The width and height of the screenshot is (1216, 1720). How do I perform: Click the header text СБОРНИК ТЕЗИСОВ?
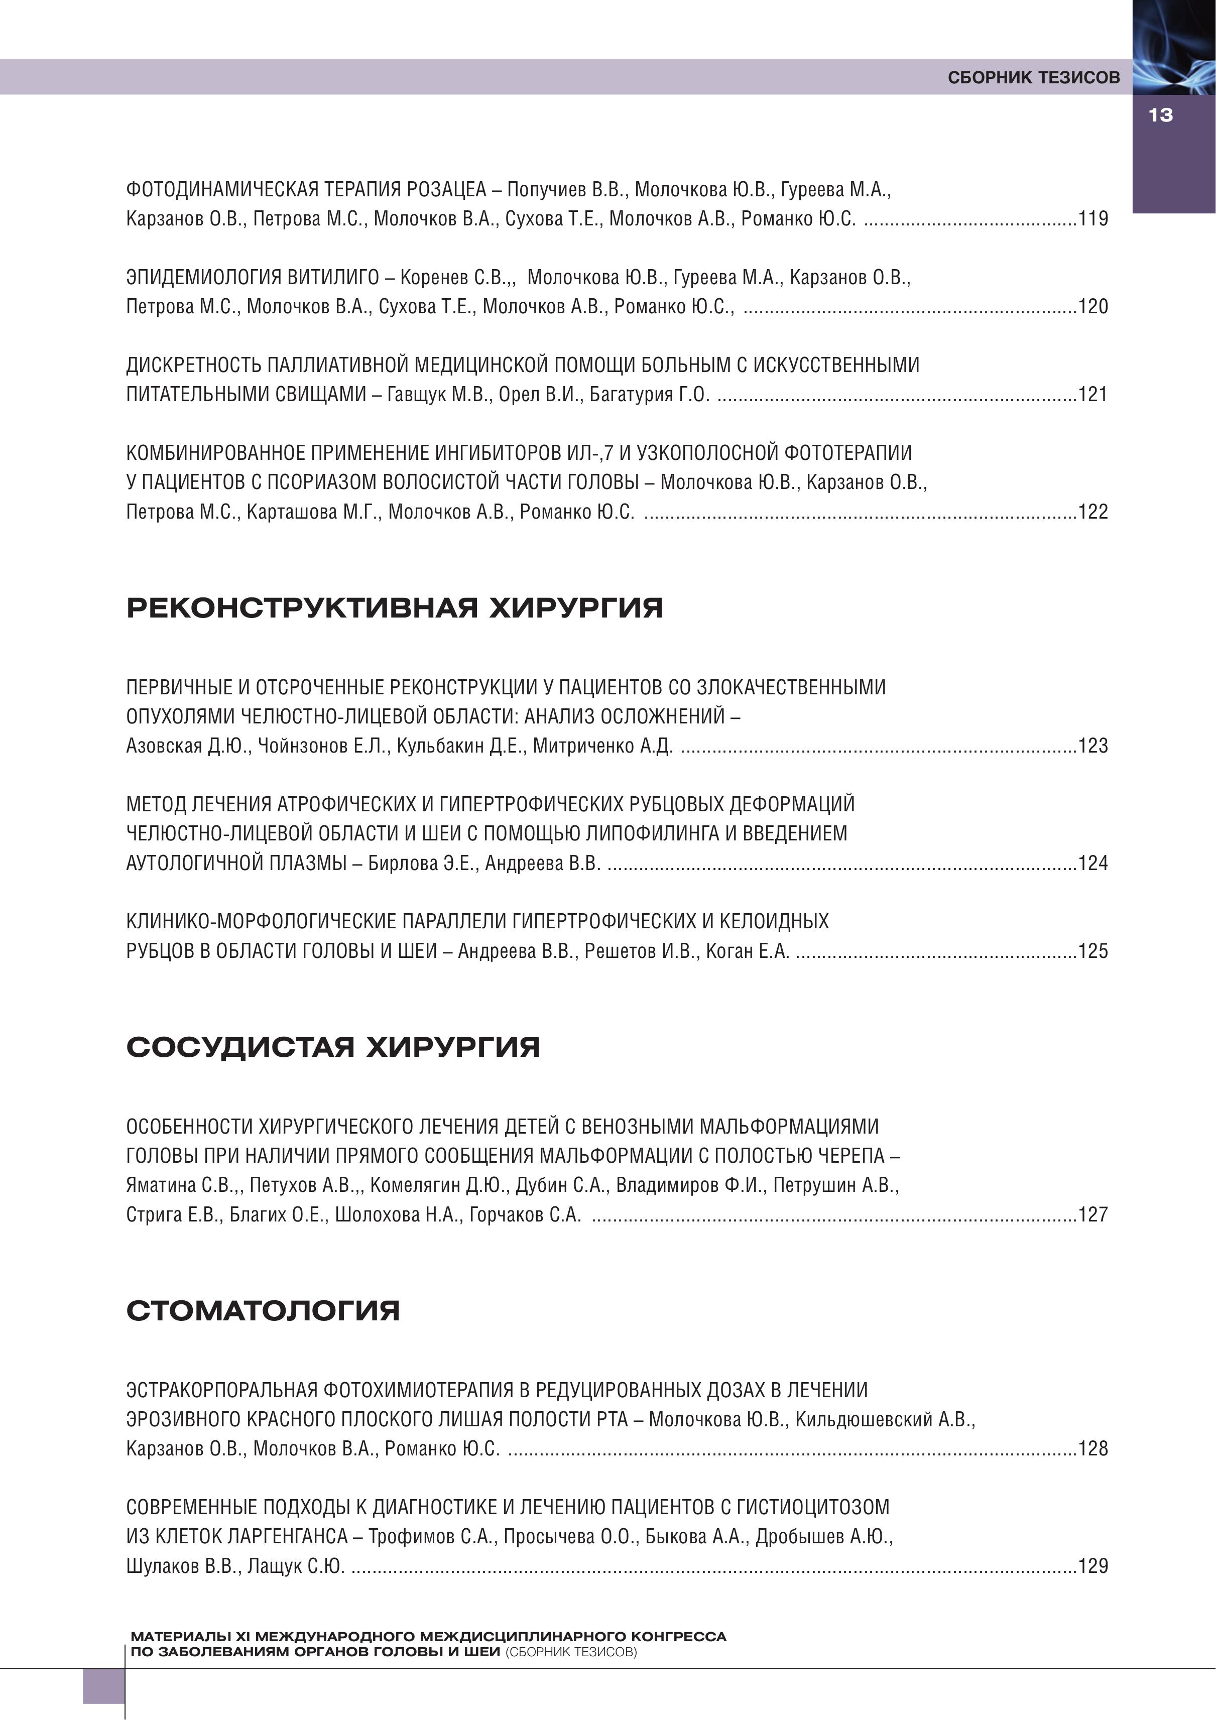point(1033,77)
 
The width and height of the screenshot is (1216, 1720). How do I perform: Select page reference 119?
point(1092,219)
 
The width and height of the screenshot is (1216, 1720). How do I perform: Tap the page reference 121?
point(1092,394)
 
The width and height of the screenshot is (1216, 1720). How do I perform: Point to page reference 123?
point(1092,746)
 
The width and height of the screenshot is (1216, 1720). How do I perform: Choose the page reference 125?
point(1092,951)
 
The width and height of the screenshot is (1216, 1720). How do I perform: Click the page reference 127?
point(1092,1214)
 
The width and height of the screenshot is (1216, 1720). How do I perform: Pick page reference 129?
point(1092,1566)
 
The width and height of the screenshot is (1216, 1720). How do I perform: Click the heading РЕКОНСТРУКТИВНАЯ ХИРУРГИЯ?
point(394,607)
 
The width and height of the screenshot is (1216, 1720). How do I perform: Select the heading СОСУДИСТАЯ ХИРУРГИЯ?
point(333,1047)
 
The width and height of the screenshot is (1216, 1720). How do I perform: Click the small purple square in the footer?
point(103,1685)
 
